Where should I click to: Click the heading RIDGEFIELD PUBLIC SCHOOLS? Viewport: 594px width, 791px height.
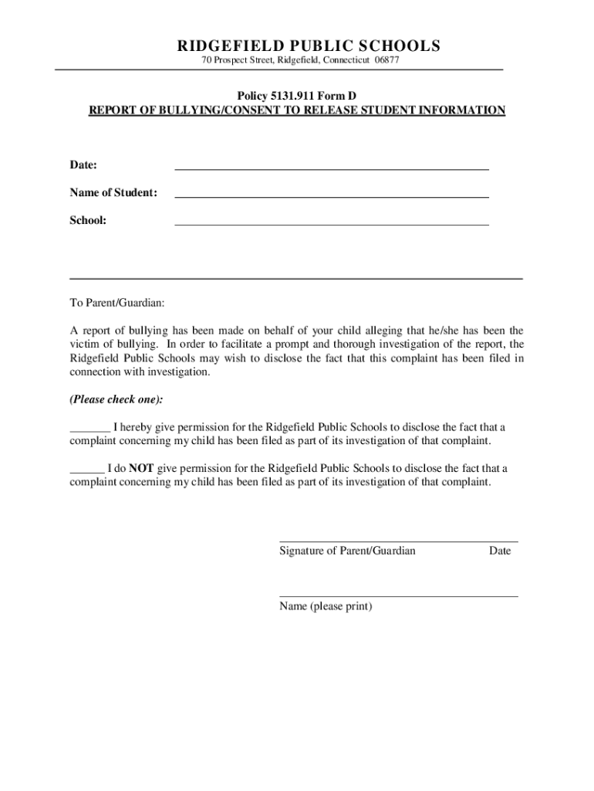(x=296, y=46)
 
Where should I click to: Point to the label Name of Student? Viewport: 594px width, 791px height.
(x=113, y=192)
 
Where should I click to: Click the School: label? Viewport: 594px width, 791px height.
(x=88, y=220)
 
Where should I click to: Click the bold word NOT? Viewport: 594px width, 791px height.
(x=141, y=468)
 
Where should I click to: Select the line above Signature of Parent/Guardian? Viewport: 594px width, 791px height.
(x=398, y=541)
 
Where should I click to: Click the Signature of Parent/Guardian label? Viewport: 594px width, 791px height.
(x=347, y=551)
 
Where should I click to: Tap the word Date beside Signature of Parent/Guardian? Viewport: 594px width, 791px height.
(x=499, y=551)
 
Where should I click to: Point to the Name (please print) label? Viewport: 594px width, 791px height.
(x=326, y=606)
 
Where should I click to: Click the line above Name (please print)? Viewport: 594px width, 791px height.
(x=398, y=596)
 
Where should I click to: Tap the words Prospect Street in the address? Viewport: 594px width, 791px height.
(x=244, y=61)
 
